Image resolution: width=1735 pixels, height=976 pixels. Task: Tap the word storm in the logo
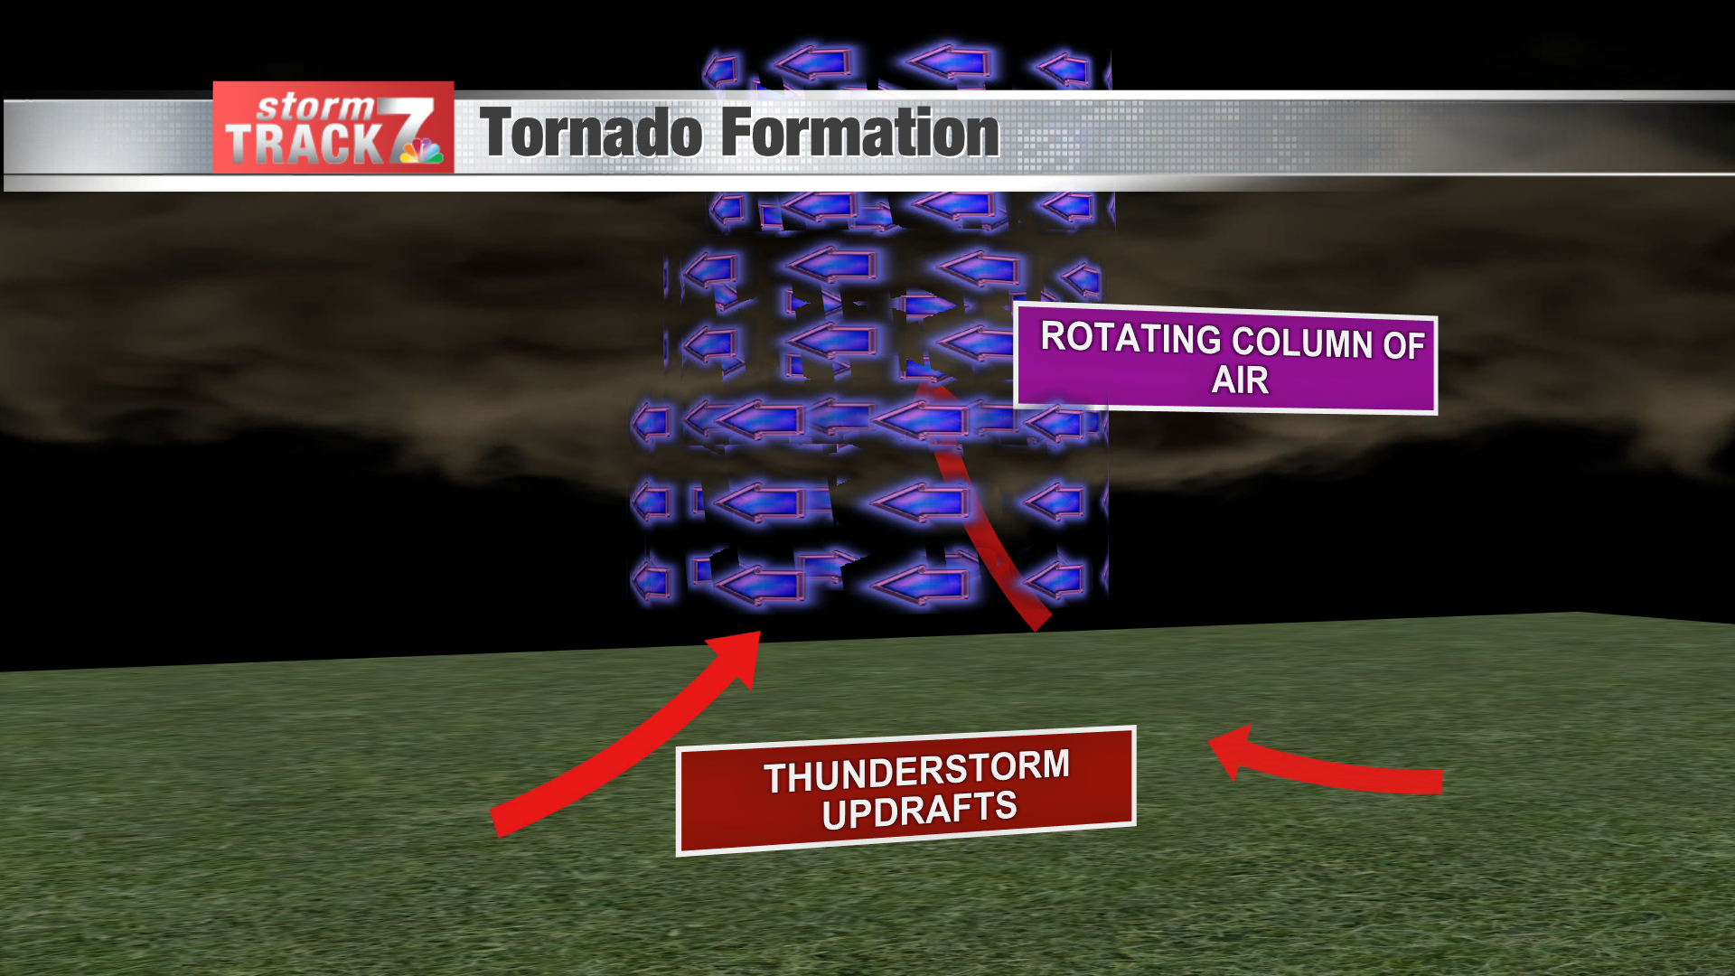[x=314, y=107]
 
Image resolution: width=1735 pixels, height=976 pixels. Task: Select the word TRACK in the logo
[x=304, y=145]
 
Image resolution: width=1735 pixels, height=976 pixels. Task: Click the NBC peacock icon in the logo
[x=421, y=152]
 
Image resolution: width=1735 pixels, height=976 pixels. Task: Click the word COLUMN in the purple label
[x=1302, y=343]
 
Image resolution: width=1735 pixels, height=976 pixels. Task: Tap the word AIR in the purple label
[x=1240, y=380]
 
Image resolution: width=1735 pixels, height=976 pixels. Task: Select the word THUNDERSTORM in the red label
[x=916, y=771]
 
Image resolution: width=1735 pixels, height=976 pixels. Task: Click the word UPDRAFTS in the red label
[x=919, y=810]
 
